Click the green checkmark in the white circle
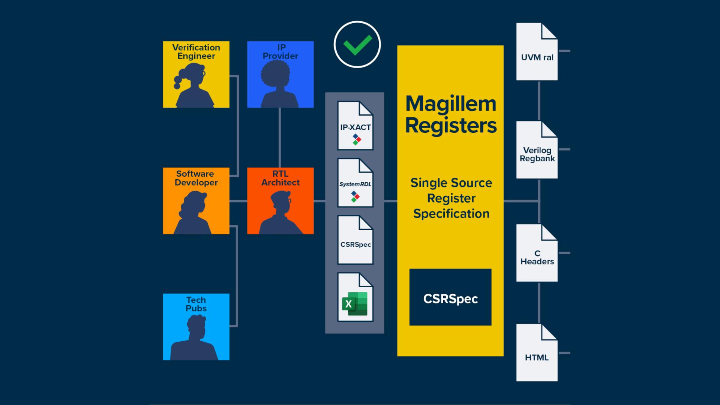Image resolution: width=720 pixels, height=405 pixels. (x=357, y=45)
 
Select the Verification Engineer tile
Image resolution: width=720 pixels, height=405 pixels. (x=196, y=74)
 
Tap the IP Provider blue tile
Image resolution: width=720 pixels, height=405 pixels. (x=280, y=74)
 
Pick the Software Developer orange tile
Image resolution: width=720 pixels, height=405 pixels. (x=196, y=201)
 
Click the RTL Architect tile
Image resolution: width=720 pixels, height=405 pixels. (x=280, y=201)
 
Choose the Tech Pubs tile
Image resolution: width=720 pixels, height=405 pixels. (x=196, y=327)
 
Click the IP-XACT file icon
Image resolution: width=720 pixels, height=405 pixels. (x=355, y=126)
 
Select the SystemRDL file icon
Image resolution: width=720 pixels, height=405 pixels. (x=355, y=183)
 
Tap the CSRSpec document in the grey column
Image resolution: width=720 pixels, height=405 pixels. (x=355, y=240)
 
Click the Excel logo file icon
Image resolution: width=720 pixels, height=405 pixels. (x=355, y=297)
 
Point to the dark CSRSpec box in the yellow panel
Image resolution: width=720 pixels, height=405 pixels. (x=450, y=297)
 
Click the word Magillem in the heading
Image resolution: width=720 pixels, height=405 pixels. (x=450, y=104)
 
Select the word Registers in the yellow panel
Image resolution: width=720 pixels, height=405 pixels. (x=450, y=126)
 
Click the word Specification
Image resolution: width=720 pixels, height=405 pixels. (x=451, y=214)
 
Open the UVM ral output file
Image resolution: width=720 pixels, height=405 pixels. (x=537, y=52)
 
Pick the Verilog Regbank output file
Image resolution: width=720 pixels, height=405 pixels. (x=537, y=150)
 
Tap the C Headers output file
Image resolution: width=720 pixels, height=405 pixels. (x=537, y=253)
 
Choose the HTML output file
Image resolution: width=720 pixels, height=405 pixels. (x=537, y=353)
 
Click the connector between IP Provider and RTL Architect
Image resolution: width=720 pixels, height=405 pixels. (x=280, y=138)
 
